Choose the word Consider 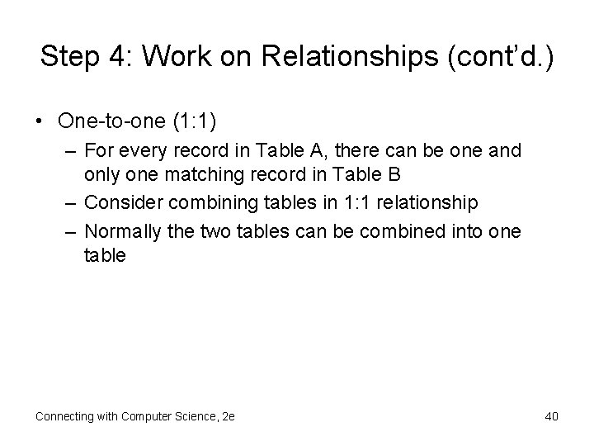pyautogui.click(x=118, y=203)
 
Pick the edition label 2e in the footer pyautogui.click(x=228, y=416)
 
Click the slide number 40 pyautogui.click(x=552, y=416)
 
